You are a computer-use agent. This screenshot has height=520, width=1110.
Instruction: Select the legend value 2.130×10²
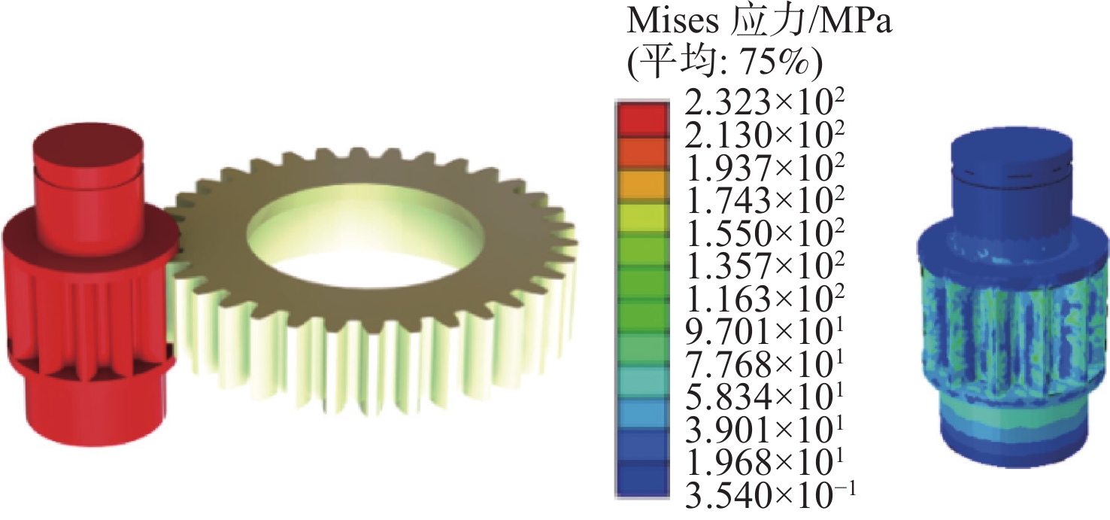tap(763, 135)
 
